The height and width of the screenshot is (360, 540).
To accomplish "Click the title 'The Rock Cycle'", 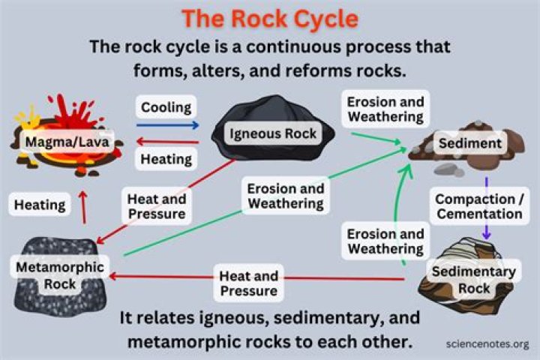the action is tap(270, 18).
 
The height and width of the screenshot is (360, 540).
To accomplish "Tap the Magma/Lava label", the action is tap(67, 142).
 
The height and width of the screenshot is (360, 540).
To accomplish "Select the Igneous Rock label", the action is tap(273, 133).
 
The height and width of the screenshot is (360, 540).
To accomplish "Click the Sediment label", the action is tap(470, 143).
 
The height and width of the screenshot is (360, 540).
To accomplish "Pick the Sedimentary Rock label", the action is tap(474, 280).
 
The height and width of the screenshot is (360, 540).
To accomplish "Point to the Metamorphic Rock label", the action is tap(60, 275).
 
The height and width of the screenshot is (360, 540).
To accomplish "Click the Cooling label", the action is tap(166, 107).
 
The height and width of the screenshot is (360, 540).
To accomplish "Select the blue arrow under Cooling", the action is tap(168, 125).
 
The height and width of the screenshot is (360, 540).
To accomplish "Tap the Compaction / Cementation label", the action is tap(479, 206).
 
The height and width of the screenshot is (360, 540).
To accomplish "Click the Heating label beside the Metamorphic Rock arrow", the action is tap(40, 205).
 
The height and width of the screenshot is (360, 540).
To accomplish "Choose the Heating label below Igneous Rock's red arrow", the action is tap(166, 159).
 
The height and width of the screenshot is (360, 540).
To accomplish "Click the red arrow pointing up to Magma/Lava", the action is tap(83, 208).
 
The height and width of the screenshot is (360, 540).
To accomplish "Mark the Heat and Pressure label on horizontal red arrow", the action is tap(249, 283).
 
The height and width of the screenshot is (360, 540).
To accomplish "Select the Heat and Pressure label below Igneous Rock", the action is tap(157, 206).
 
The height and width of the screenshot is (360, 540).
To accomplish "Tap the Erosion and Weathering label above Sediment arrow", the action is tap(385, 109).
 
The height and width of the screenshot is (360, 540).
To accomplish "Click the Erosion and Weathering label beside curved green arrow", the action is tap(385, 241).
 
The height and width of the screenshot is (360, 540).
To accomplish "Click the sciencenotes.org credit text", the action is tap(487, 343).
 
